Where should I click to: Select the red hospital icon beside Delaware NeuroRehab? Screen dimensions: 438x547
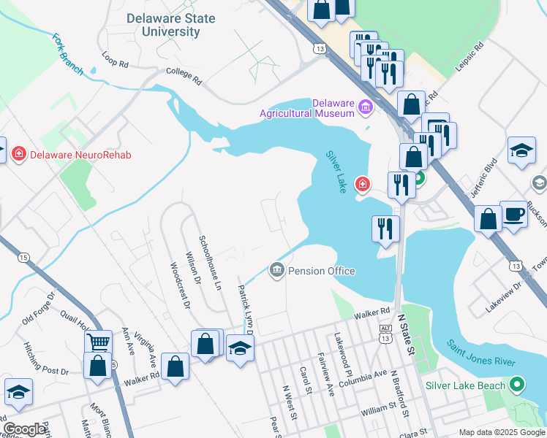(18, 154)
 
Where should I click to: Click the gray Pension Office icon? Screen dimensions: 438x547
(277, 271)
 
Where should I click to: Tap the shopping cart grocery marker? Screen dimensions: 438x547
(99, 342)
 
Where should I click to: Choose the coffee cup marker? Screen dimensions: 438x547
(513, 215)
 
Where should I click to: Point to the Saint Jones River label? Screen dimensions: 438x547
(482, 352)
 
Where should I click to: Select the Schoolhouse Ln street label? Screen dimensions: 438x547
(210, 262)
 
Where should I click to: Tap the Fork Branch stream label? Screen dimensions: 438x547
(67, 54)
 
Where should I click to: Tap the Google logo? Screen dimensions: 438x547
(25, 429)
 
